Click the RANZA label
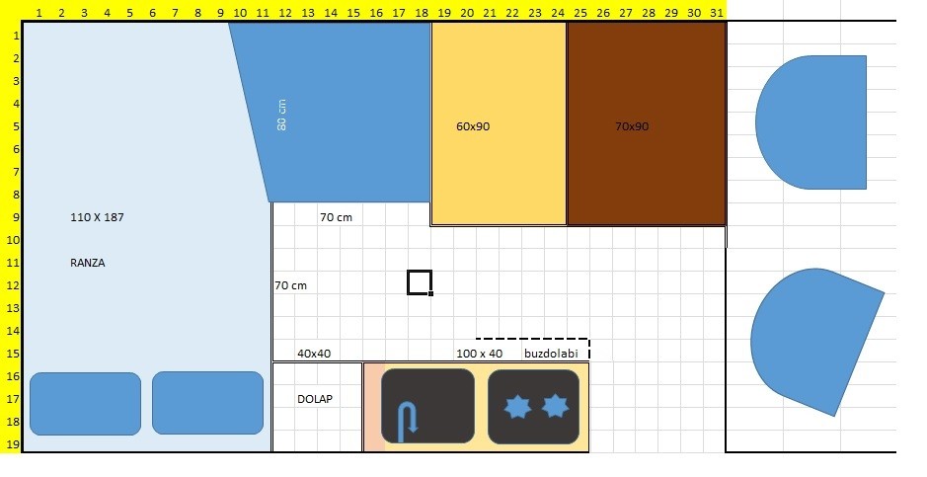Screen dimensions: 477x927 pyautogui.click(x=87, y=264)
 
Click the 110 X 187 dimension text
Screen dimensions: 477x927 pyautogui.click(x=98, y=216)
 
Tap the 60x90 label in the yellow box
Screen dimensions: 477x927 pyautogui.click(x=473, y=126)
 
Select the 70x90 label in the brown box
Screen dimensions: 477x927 pyautogui.click(x=632, y=126)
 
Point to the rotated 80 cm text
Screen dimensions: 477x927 pyautogui.click(x=282, y=115)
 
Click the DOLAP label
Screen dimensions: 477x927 pyautogui.click(x=315, y=399)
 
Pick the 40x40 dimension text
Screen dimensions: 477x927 pyautogui.click(x=314, y=354)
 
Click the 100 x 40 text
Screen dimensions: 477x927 pyautogui.click(x=479, y=354)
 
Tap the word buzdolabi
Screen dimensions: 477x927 pyautogui.click(x=551, y=354)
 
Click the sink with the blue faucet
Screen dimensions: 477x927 pyautogui.click(x=427, y=406)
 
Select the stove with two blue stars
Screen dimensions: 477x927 pyautogui.click(x=533, y=406)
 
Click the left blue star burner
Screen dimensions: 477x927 pyautogui.click(x=516, y=407)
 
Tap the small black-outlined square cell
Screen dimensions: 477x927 pyautogui.click(x=420, y=282)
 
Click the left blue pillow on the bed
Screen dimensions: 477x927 pyautogui.click(x=85, y=403)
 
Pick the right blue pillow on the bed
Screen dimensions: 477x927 pyautogui.click(x=207, y=403)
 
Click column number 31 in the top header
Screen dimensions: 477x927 pyautogui.click(x=716, y=12)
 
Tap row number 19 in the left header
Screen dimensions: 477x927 pyautogui.click(x=11, y=444)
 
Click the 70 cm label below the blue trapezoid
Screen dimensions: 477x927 pyautogui.click(x=336, y=217)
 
